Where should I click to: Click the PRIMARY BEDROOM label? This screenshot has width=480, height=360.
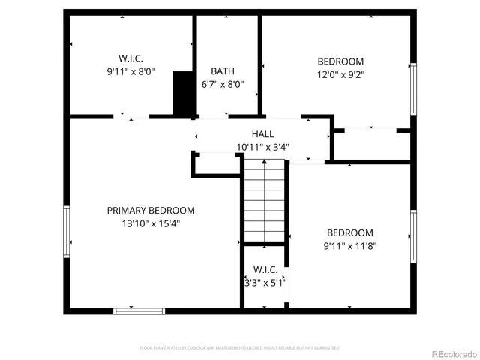coord(150,211)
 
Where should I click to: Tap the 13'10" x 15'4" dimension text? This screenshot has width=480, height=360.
coord(150,223)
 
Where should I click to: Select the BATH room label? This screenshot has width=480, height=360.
coord(223,71)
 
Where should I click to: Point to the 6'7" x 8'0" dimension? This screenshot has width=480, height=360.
coord(223,85)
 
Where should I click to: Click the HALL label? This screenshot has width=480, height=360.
coord(262,133)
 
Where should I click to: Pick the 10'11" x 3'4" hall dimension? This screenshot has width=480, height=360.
coord(262,147)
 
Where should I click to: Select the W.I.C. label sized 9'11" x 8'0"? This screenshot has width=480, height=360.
coord(130,58)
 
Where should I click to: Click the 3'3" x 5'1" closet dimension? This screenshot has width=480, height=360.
coord(265,283)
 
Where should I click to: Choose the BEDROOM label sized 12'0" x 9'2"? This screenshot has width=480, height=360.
coord(340,61)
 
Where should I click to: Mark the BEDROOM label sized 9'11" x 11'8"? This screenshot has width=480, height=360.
coord(349,233)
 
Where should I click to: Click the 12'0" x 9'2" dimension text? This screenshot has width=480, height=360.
coord(340,75)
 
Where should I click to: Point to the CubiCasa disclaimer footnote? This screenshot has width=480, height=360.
coord(240,348)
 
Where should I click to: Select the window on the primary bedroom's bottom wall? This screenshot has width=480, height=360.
coord(139,310)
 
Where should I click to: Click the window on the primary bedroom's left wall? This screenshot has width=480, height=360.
coord(67,232)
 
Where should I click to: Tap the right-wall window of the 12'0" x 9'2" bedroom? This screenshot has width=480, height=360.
coord(412,89)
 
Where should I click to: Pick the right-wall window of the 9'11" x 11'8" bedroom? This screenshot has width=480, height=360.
coord(412,235)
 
